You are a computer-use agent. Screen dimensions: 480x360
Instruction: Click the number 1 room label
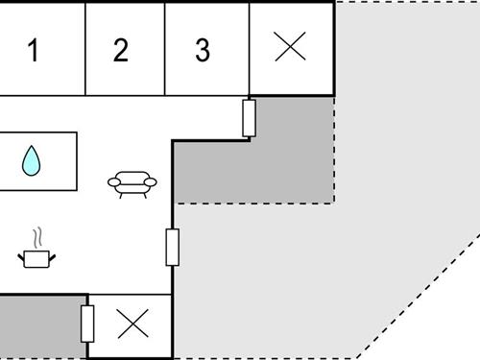click(33, 51)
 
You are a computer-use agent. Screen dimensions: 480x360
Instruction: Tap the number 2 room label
click(120, 51)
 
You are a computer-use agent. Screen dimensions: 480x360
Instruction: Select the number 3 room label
click(203, 51)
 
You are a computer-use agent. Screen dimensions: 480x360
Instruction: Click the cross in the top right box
click(290, 46)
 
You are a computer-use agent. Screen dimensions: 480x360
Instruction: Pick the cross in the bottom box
click(132, 325)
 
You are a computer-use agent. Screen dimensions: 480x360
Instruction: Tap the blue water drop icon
click(33, 161)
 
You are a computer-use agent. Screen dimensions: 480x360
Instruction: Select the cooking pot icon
click(36, 257)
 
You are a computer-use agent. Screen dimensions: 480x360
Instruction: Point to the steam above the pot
click(37, 236)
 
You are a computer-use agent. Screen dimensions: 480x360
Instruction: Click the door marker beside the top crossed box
click(250, 118)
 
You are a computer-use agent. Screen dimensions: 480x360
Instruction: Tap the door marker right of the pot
click(173, 247)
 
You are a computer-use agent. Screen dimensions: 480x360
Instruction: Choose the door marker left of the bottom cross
click(88, 324)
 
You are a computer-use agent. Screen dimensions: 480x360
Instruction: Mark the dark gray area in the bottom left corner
click(38, 326)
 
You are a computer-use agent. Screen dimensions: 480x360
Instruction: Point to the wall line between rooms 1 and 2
click(85, 48)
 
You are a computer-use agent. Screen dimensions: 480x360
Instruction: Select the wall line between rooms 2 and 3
click(164, 48)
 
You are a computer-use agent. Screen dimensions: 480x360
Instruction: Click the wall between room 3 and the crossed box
click(250, 48)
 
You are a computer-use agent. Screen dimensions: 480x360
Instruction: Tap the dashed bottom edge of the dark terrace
click(254, 202)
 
